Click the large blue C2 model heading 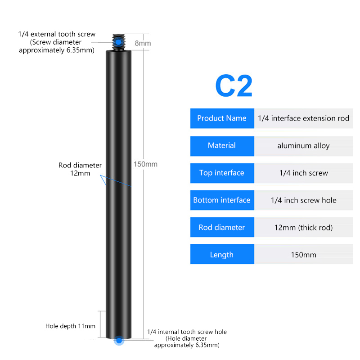coord(234,85)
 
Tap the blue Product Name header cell coord(222,118)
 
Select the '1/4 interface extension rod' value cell coord(303,118)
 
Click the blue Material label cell coord(222,146)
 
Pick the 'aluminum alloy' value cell coord(303,146)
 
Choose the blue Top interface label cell coord(222,173)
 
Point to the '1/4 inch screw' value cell coord(303,173)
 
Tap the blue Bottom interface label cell coord(222,200)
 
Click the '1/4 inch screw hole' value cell coord(303,200)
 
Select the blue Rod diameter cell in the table coord(222,227)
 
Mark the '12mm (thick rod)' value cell coord(303,227)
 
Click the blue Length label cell coord(222,254)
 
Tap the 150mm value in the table coord(303,254)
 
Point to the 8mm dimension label coord(143,43)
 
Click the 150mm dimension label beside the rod coord(145,164)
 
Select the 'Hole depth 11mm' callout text coord(70,326)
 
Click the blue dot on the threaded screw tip coord(118,42)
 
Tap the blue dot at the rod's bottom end coord(119,340)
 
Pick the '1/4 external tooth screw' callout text coord(57,34)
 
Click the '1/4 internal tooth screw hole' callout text coord(187,332)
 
